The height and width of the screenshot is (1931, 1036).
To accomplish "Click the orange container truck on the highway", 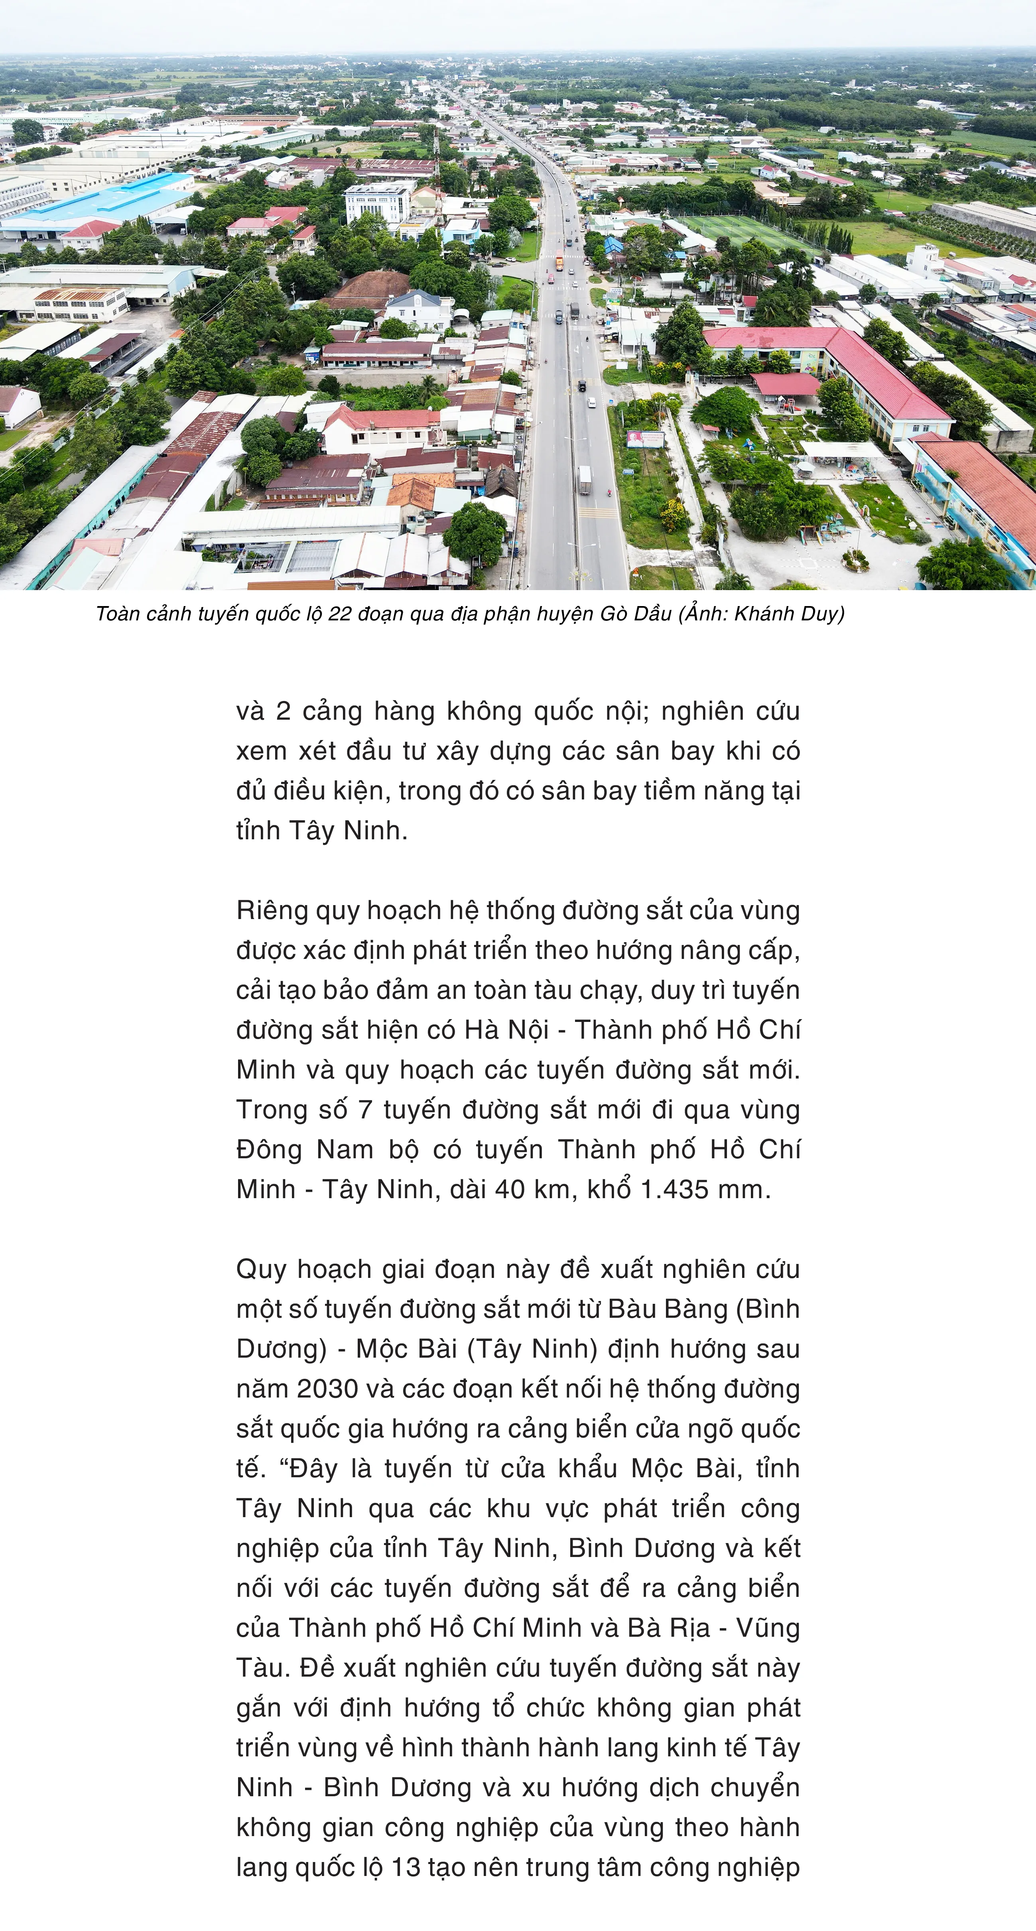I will pyautogui.click(x=559, y=263).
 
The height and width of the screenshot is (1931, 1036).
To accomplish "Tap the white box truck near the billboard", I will pyautogui.click(x=584, y=480).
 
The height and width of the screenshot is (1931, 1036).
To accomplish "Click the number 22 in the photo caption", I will pyautogui.click(x=340, y=614).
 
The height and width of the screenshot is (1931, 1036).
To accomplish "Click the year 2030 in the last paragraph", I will pyautogui.click(x=328, y=1388).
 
